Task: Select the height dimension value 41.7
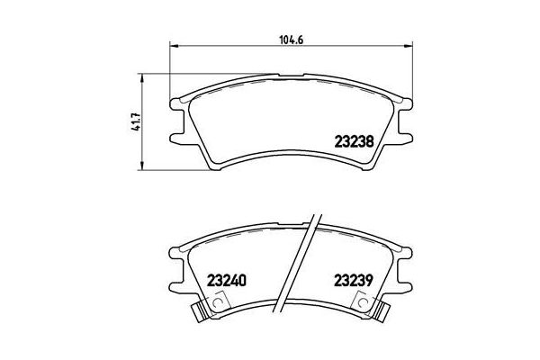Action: click(x=136, y=121)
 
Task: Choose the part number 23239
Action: click(x=354, y=279)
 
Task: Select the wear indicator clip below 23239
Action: click(x=379, y=312)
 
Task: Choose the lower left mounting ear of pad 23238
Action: click(x=175, y=137)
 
